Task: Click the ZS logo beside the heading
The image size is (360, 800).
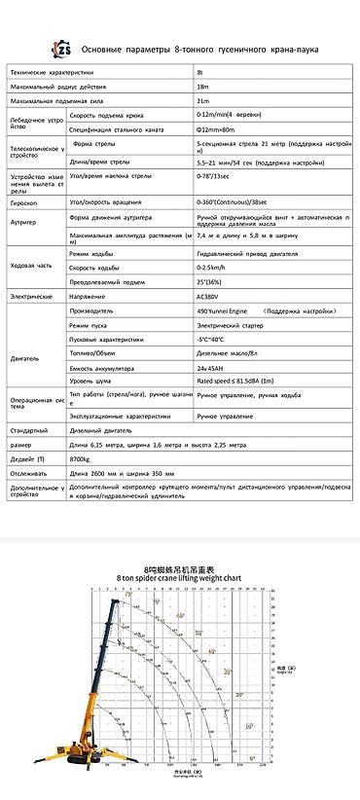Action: [64, 48]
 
